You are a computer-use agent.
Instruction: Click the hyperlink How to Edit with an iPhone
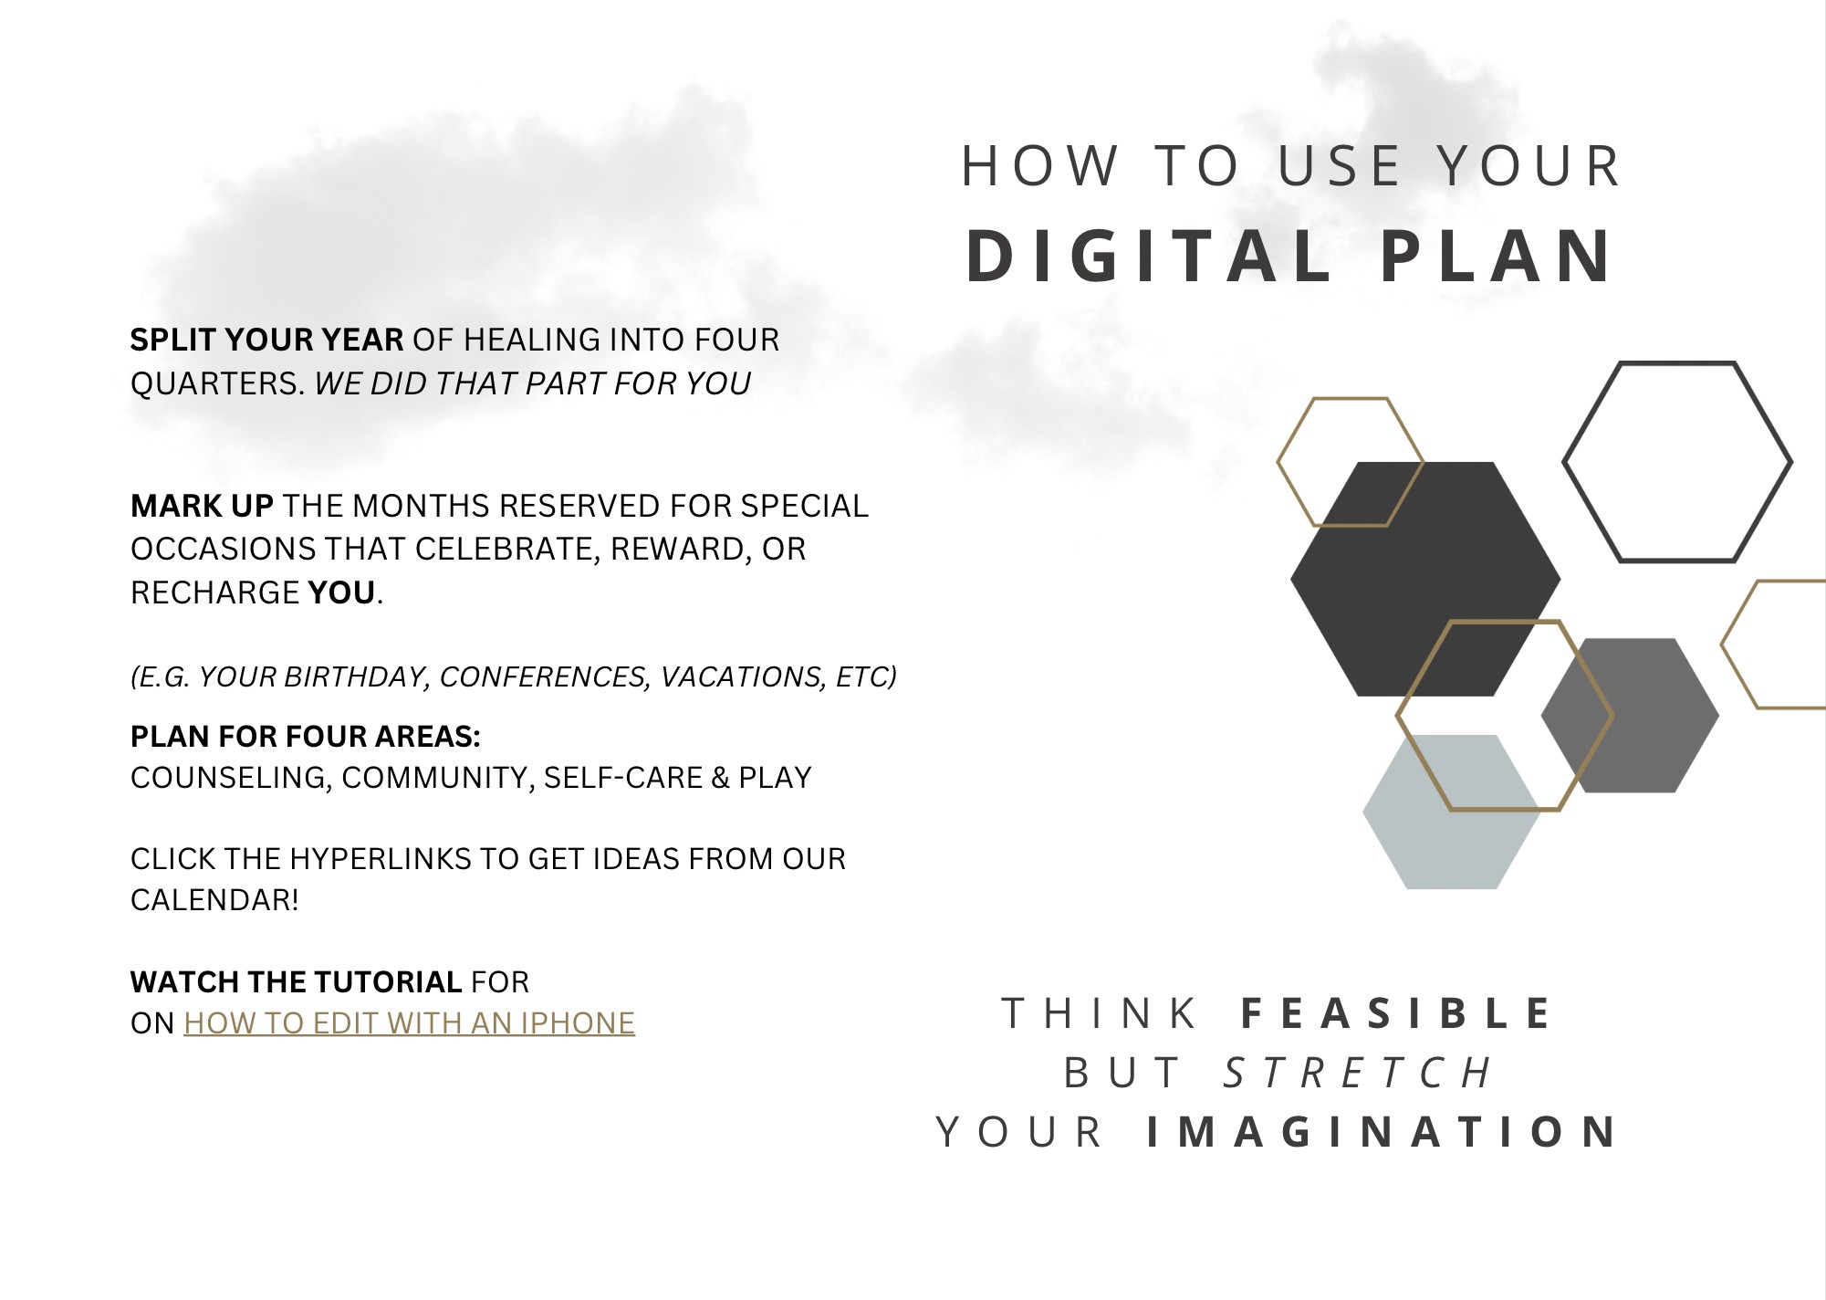(x=409, y=1023)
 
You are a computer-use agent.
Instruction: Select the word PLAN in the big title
(x=1497, y=256)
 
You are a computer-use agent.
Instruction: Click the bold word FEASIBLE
(x=1396, y=1013)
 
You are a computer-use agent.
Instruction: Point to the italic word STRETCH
(x=1358, y=1073)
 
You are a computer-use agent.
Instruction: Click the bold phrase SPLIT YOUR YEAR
(x=266, y=340)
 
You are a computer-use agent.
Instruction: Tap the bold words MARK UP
(x=202, y=506)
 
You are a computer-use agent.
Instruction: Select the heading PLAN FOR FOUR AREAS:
(x=306, y=736)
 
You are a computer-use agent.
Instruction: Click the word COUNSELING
(x=231, y=778)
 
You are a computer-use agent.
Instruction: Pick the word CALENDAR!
(x=214, y=900)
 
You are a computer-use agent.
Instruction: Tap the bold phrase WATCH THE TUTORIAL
(x=297, y=982)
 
